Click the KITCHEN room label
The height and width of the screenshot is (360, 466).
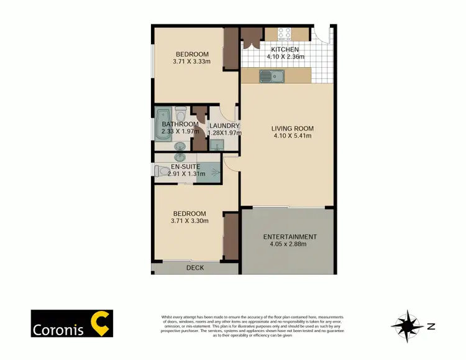click(285, 50)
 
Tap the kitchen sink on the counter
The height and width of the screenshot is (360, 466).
click(272, 76)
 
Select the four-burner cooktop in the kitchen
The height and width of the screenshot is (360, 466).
click(285, 34)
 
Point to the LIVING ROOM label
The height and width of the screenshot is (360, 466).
click(292, 129)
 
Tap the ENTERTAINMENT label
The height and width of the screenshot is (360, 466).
click(290, 237)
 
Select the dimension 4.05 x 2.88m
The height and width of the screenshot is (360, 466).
click(290, 245)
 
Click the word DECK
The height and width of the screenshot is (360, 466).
click(196, 268)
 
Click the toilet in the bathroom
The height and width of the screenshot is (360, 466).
click(180, 114)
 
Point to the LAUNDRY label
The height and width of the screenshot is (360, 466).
click(224, 126)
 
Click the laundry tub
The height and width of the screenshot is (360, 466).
click(216, 145)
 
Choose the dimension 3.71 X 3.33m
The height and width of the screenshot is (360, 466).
click(191, 62)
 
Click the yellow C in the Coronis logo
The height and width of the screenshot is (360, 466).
click(99, 323)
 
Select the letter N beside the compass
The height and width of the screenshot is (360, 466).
click(431, 325)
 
